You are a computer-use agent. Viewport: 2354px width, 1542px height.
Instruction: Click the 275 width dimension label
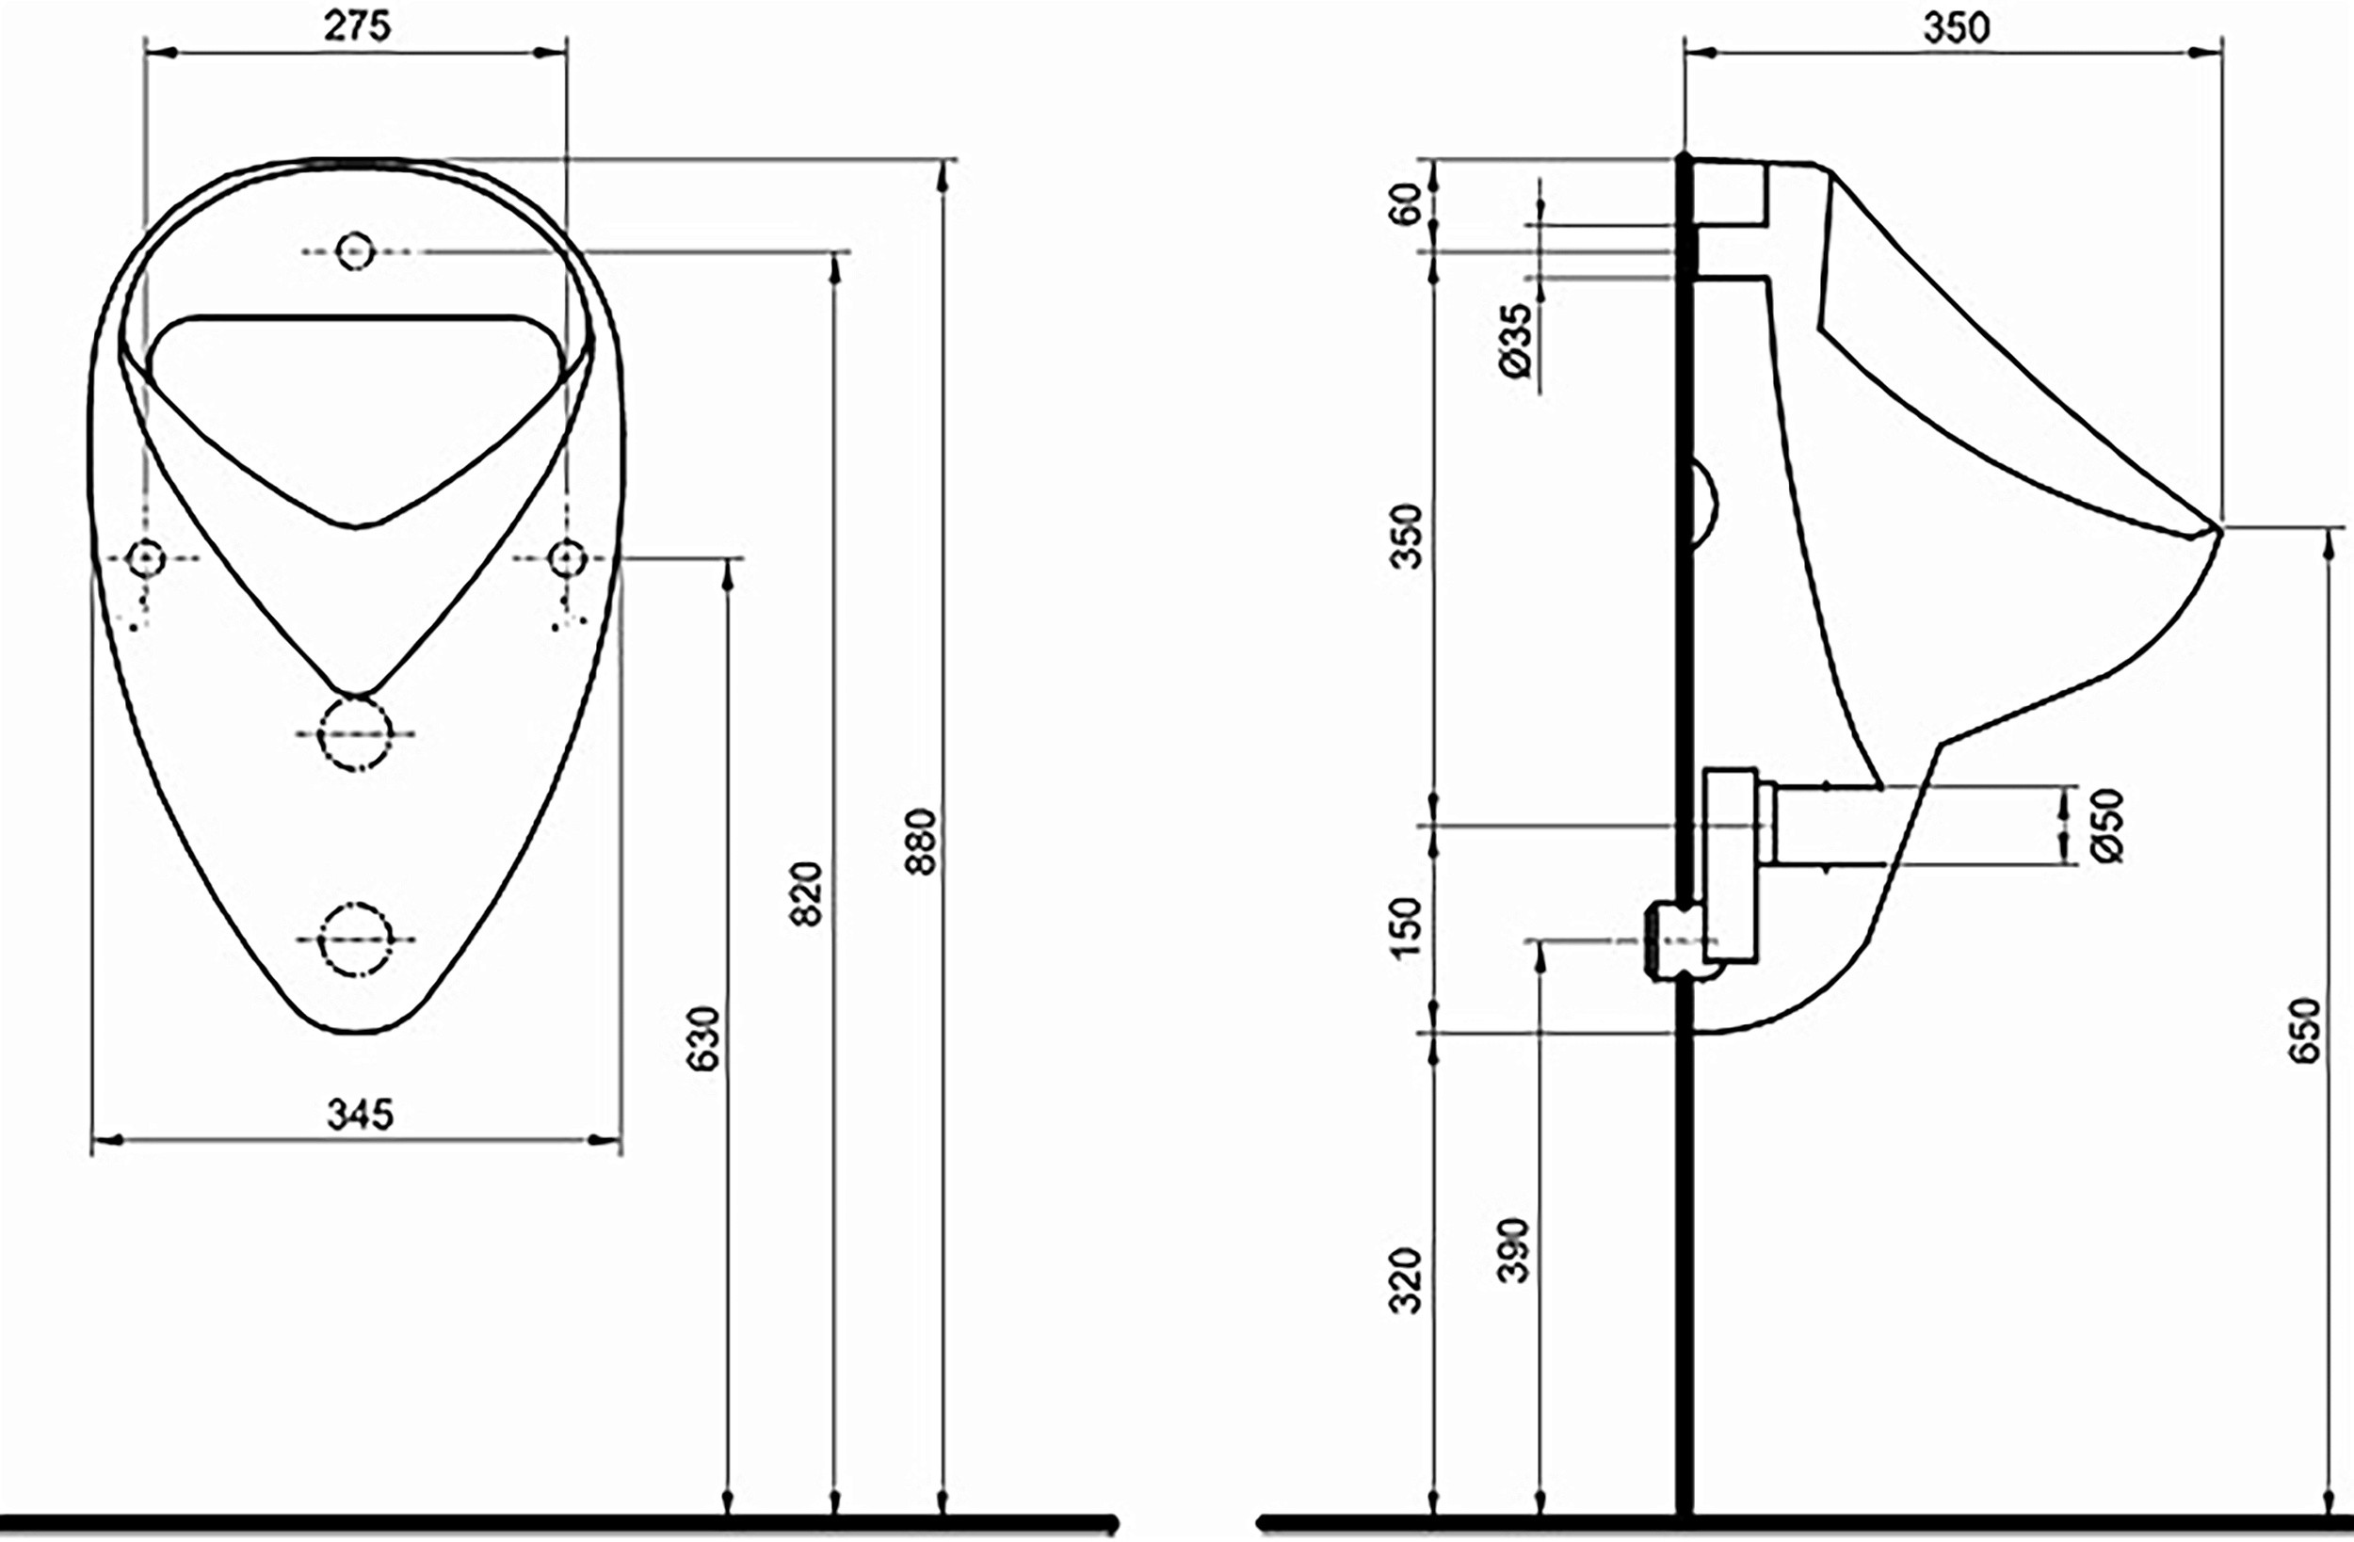click(x=357, y=26)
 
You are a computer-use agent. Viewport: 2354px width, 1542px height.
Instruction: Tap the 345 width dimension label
click(x=360, y=1115)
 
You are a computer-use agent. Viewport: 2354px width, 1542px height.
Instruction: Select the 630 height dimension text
click(x=703, y=1038)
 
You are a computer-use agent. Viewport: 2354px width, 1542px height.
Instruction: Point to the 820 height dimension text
click(x=807, y=894)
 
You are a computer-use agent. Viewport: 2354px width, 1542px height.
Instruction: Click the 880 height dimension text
click(x=921, y=842)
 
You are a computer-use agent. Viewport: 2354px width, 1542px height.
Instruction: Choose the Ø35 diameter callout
click(x=1515, y=340)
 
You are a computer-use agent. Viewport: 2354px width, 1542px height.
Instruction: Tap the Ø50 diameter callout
click(x=2107, y=826)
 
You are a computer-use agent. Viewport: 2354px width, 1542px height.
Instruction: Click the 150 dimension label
click(x=1406, y=926)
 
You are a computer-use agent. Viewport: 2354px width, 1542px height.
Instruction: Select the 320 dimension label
click(x=1406, y=1281)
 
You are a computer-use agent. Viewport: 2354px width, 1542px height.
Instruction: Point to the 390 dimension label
click(x=1514, y=1251)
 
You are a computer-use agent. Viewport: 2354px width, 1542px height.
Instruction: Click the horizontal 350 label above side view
click(x=1956, y=28)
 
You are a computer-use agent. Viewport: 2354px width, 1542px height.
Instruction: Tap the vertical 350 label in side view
click(x=1406, y=536)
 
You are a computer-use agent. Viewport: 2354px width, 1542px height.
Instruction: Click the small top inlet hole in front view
click(x=355, y=251)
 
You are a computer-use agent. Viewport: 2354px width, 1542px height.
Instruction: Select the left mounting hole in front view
click(x=146, y=559)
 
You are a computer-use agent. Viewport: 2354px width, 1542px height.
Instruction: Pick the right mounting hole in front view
click(x=567, y=559)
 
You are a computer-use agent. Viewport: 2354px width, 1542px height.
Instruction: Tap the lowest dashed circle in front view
click(x=355, y=939)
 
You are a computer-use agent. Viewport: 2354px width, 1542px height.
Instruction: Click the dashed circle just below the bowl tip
click(x=355, y=733)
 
